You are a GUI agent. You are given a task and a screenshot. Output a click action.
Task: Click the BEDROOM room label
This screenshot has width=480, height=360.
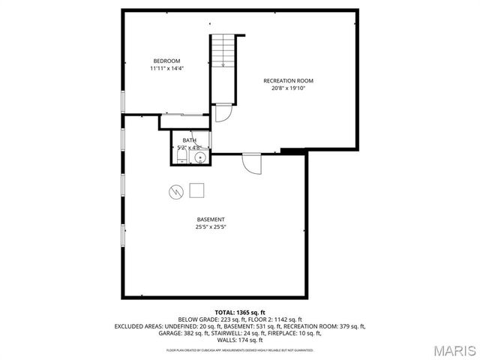click(166, 61)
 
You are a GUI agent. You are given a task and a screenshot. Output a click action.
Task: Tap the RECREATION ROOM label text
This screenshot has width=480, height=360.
click(288, 80)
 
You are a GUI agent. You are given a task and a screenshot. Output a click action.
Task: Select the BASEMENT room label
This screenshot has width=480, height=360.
click(211, 219)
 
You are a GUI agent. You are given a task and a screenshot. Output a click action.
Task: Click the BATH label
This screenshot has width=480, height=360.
click(189, 140)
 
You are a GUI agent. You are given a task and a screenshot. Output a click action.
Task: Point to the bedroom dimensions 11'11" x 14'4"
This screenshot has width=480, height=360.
click(166, 68)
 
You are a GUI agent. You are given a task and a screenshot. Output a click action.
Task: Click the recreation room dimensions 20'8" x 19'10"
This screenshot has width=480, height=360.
click(288, 88)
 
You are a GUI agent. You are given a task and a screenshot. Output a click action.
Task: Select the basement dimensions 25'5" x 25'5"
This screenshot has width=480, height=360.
click(211, 226)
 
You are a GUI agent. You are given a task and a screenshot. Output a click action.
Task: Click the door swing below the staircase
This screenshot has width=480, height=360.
click(223, 112)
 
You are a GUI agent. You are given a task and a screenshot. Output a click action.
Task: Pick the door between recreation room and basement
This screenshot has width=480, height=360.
click(251, 162)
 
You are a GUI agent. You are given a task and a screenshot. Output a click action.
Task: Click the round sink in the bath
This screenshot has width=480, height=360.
click(199, 157)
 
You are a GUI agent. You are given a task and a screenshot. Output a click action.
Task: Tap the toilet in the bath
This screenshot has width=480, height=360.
click(182, 157)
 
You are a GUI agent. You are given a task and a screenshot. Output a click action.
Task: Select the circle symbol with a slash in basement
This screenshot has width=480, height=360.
click(175, 191)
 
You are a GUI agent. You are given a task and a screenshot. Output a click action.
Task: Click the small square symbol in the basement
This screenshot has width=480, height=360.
click(196, 190)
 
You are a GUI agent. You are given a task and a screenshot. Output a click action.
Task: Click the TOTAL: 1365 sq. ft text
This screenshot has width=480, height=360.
click(240, 312)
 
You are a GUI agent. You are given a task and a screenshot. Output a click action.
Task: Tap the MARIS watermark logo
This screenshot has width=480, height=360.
click(453, 349)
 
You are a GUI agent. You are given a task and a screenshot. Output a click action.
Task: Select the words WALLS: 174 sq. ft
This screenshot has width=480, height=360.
click(240, 340)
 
